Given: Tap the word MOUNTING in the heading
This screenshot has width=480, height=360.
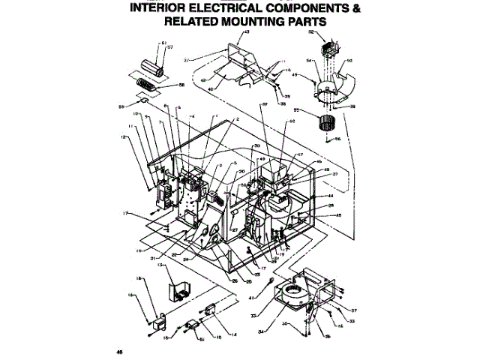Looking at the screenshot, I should coord(238,22).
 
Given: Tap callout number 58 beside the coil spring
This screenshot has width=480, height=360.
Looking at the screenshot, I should coord(181,85).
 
